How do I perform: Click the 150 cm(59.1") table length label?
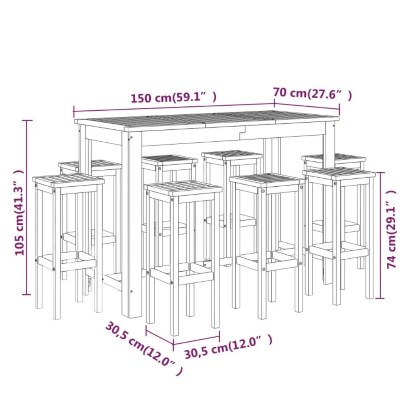coord(174,97)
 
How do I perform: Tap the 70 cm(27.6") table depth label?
coord(312,94)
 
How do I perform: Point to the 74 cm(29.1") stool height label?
coord(391,229)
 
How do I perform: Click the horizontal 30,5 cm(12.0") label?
coord(228,347)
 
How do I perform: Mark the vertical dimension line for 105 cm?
coord(27,207)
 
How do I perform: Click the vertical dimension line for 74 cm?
coord(380,235)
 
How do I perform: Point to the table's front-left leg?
coord(132,221)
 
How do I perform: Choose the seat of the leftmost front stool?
coord(68,180)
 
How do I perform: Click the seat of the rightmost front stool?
coord(341,173)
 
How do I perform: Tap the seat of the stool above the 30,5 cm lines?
coord(183,187)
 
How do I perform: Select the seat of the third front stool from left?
coord(267,180)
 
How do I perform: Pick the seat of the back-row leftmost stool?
coord(90,165)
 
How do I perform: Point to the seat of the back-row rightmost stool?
coord(333,158)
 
